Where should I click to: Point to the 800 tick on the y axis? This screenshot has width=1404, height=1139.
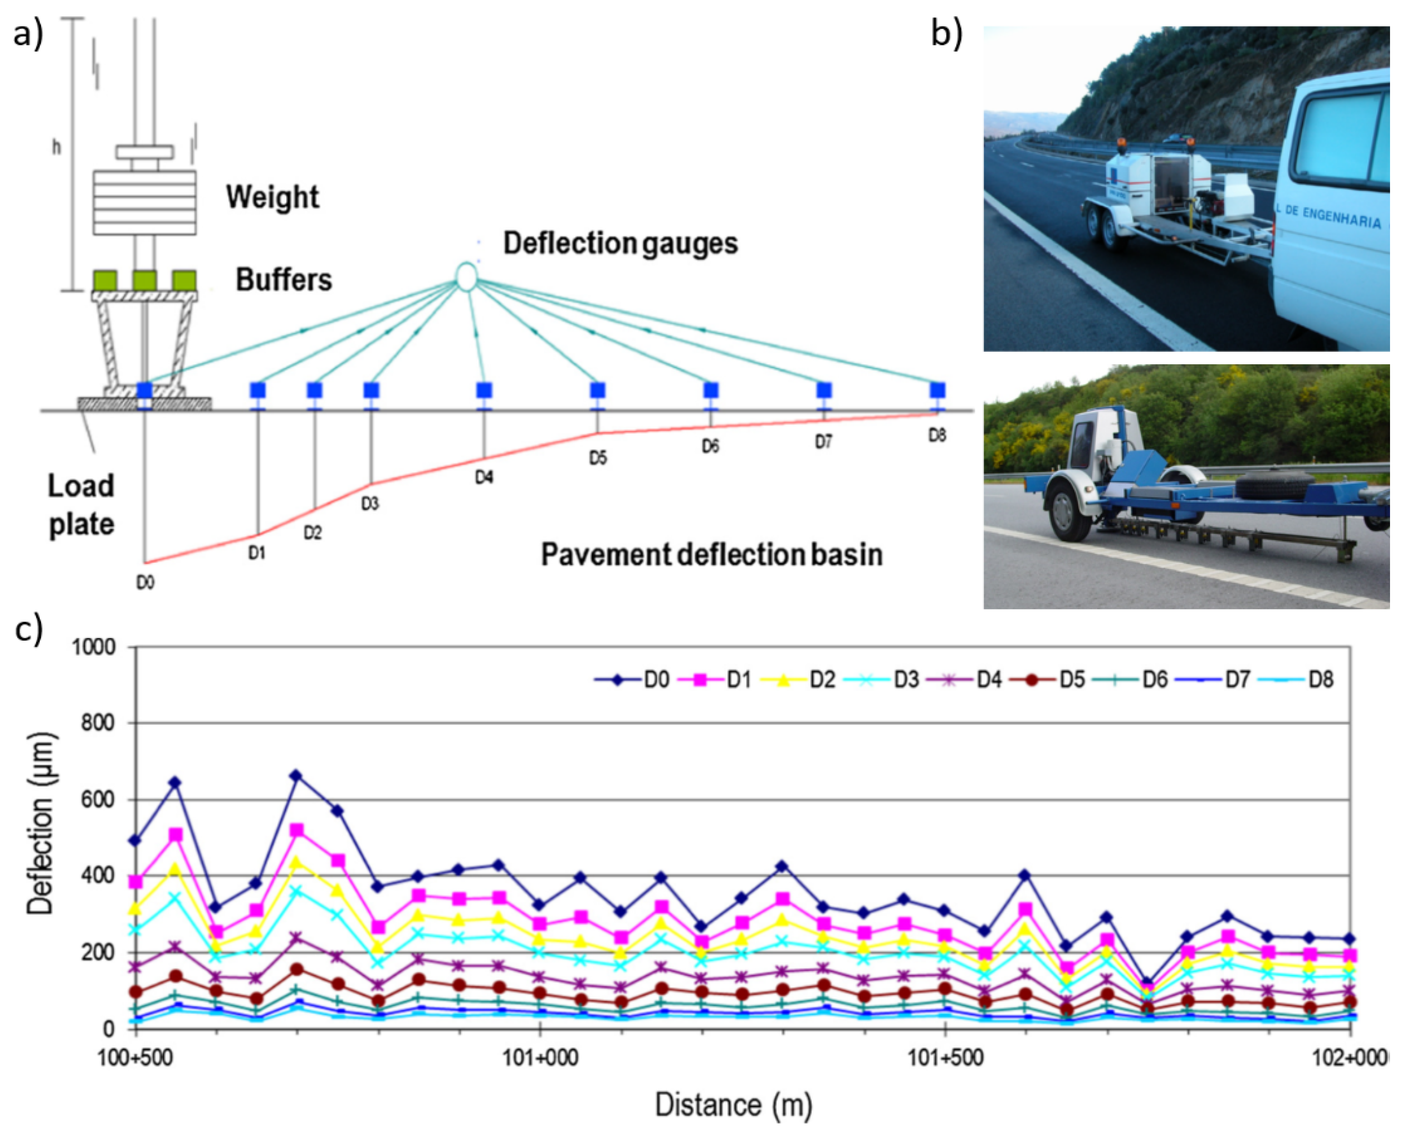[99, 723]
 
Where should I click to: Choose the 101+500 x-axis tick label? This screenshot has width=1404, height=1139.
[945, 1058]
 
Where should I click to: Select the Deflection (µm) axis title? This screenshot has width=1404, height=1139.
[41, 823]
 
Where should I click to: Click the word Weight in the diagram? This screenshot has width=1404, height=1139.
[272, 197]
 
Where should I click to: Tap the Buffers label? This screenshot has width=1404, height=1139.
[284, 280]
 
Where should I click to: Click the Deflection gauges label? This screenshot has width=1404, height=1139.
[620, 243]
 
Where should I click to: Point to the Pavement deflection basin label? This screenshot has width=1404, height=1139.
[711, 555]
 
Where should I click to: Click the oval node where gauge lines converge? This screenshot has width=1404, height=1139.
[466, 276]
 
